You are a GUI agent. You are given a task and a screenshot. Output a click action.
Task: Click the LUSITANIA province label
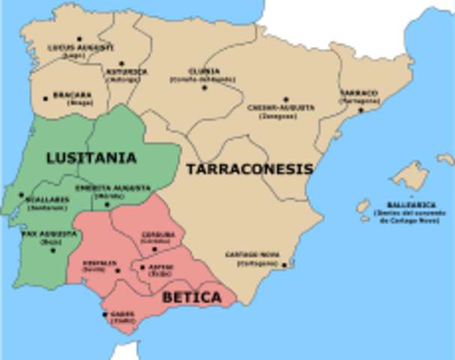(91, 158)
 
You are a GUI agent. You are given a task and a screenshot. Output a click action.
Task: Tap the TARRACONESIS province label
(249, 169)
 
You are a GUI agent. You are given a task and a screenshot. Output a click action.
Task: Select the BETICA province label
(192, 298)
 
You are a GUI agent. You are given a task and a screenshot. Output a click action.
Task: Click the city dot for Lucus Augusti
(79, 38)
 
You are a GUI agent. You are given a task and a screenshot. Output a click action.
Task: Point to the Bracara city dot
(46, 97)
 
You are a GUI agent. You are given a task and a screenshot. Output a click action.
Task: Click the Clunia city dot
(204, 87)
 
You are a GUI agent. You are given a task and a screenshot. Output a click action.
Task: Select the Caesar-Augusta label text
(281, 107)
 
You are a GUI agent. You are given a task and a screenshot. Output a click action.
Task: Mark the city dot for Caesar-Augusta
(285, 98)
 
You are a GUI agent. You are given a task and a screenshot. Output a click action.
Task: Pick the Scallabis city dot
(22, 194)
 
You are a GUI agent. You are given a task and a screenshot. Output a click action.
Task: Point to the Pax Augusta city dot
(52, 249)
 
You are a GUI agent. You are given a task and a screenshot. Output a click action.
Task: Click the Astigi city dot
(142, 266)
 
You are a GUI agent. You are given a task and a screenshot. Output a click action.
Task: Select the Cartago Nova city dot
(283, 265)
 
